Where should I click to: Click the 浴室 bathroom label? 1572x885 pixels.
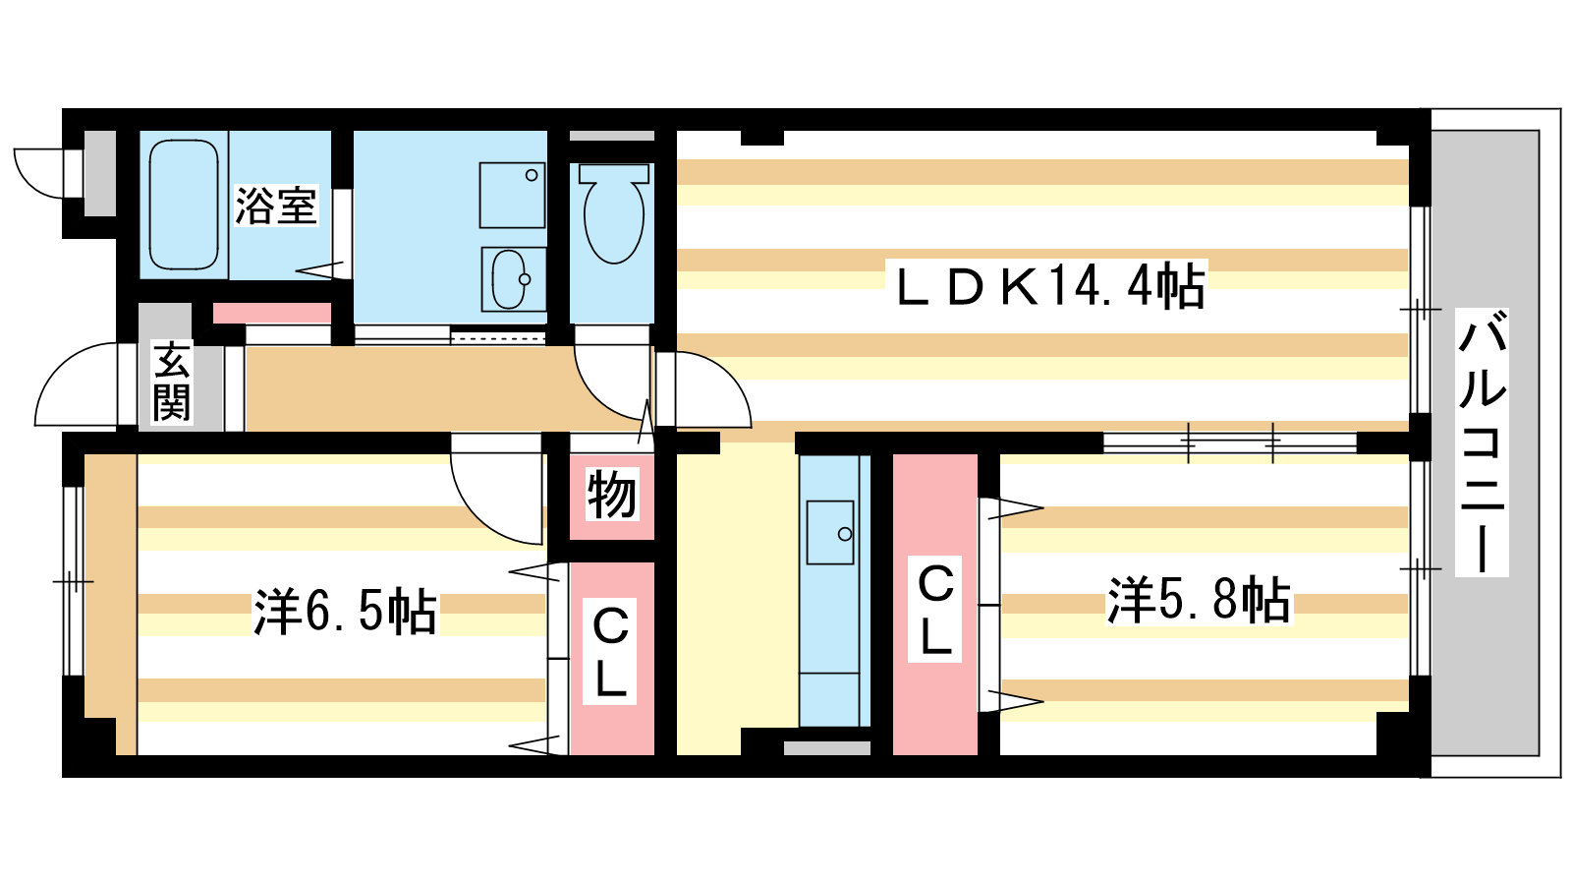pos(276,206)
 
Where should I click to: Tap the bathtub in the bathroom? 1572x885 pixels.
pos(184,205)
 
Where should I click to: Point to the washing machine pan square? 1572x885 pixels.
pos(512,196)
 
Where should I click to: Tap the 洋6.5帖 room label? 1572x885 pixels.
pos(345,612)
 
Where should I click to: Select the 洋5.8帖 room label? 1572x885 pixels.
pos(1199,601)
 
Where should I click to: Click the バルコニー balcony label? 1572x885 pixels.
pos(1483,442)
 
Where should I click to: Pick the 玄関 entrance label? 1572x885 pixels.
pos(172,382)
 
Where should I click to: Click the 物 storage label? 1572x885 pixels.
pos(612,495)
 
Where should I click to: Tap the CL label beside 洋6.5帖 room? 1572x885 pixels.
pos(610,652)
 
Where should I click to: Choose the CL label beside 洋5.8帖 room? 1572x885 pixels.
pos(934,609)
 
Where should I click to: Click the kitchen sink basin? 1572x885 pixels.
pos(830,532)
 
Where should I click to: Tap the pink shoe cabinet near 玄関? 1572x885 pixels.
pos(271,314)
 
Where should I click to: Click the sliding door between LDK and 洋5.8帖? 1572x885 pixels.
pos(1230,442)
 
